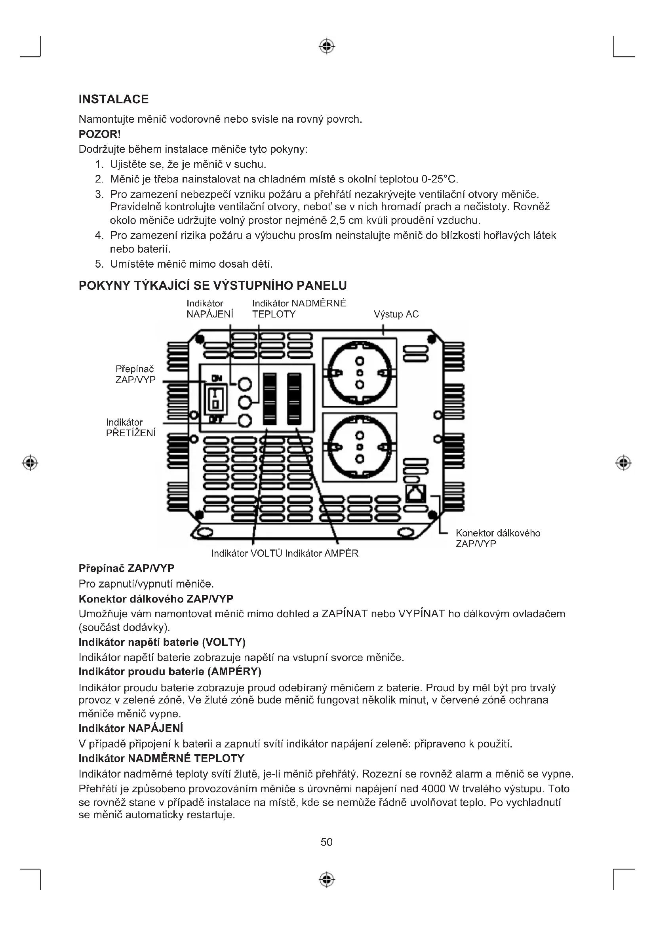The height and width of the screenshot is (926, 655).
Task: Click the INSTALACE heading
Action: point(113,99)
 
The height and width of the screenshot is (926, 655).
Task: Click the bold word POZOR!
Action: point(100,134)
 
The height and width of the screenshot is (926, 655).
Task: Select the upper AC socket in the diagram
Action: point(359,373)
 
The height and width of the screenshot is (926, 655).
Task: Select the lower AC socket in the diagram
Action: point(359,447)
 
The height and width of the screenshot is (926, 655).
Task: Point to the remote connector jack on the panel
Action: point(416,493)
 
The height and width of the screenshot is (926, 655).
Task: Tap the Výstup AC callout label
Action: point(396,314)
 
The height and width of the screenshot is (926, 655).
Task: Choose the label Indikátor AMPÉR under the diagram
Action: point(322,553)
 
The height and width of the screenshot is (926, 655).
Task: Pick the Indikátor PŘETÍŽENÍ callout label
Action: point(130,428)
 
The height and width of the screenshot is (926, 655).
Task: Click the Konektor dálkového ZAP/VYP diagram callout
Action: point(497,538)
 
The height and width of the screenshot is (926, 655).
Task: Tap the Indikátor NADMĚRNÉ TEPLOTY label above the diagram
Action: point(299,308)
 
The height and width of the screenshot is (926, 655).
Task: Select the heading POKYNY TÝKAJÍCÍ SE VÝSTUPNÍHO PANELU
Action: point(213,285)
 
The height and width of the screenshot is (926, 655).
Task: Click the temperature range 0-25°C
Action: point(439,179)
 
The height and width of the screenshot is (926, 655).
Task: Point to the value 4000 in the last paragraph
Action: point(434,789)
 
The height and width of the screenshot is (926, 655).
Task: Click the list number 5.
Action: point(99,264)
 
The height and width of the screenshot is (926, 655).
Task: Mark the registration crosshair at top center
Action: point(327,46)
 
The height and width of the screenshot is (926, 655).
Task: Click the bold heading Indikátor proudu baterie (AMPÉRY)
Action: point(170,671)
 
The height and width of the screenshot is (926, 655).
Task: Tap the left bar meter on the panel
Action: point(270,399)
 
